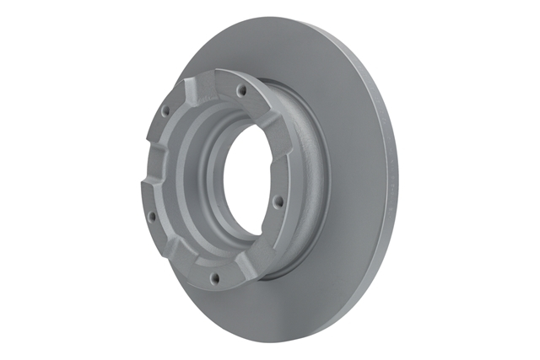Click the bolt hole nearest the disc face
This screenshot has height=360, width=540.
click(x=278, y=201)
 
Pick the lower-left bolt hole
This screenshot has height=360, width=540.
click(x=152, y=216)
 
